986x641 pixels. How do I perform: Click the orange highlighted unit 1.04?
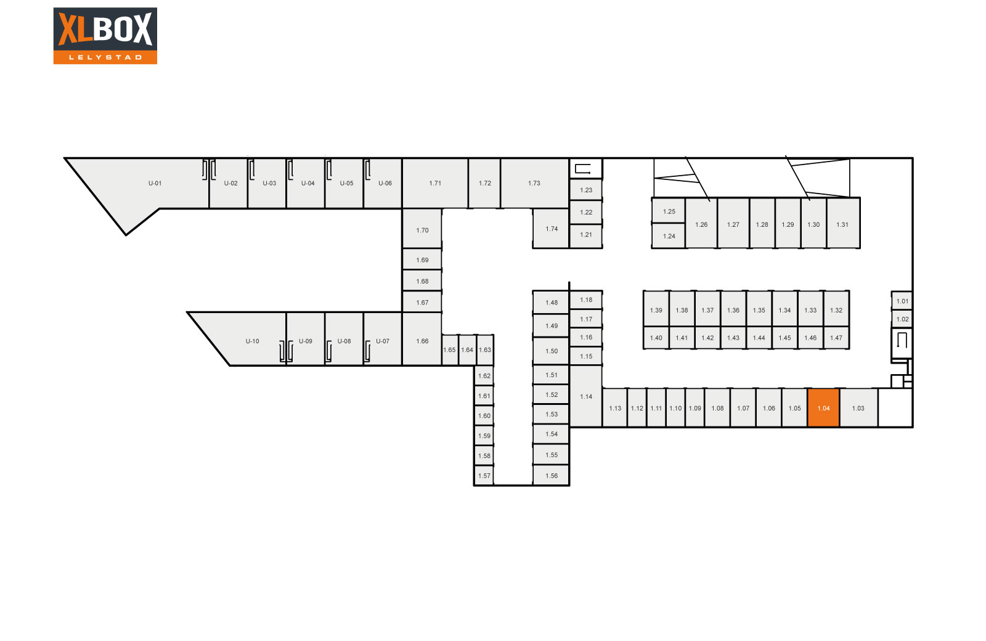(x=823, y=407)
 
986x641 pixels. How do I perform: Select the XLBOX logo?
(x=105, y=36)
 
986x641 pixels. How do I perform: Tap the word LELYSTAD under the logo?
(x=105, y=57)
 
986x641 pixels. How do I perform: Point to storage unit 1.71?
(x=435, y=183)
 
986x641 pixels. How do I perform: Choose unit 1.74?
(x=551, y=229)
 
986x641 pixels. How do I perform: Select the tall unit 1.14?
(x=586, y=396)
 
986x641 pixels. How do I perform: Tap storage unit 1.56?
(x=551, y=475)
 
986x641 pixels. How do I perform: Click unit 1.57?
(x=484, y=475)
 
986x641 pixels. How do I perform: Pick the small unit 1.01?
(x=902, y=301)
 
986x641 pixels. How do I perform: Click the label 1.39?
(x=656, y=310)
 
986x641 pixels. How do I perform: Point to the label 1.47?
(x=836, y=338)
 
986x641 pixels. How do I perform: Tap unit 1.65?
(x=449, y=350)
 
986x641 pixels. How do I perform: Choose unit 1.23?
(x=586, y=190)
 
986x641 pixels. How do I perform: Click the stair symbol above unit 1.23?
(x=583, y=169)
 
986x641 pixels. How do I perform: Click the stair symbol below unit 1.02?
(x=902, y=340)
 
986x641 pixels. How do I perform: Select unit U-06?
(x=383, y=183)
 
